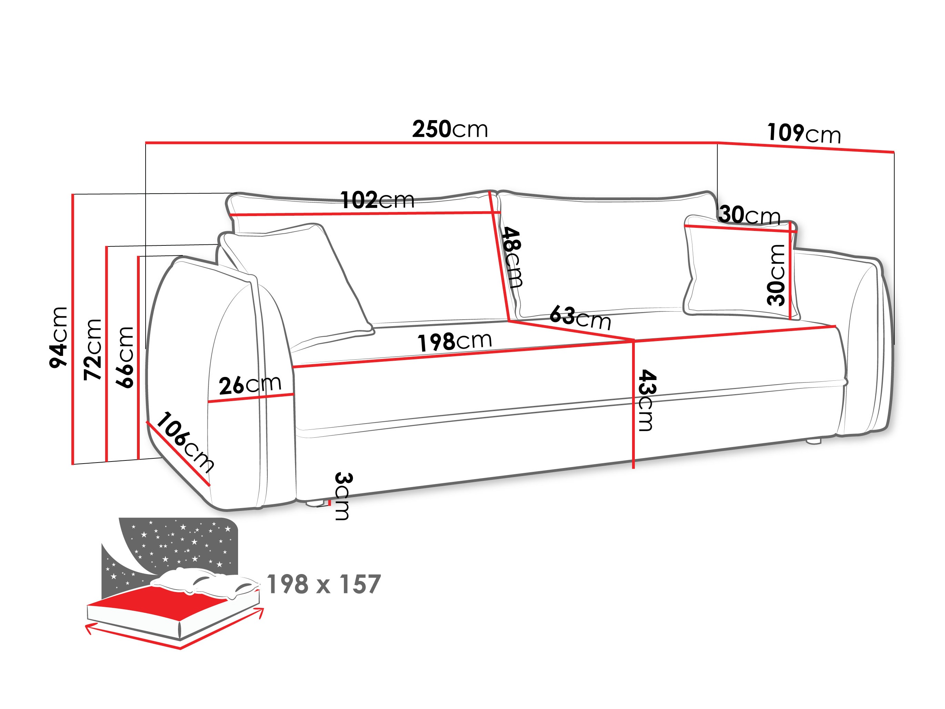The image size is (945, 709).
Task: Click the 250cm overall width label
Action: coord(450,129)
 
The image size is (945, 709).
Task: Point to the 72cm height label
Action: coord(93,349)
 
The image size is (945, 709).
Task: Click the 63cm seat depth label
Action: coord(580,318)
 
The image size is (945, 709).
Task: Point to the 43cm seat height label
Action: coord(646,400)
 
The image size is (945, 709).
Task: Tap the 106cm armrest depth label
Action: coord(185,442)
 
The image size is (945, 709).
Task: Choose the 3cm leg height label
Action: coord(342,496)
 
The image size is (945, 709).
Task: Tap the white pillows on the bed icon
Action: coord(205,581)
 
